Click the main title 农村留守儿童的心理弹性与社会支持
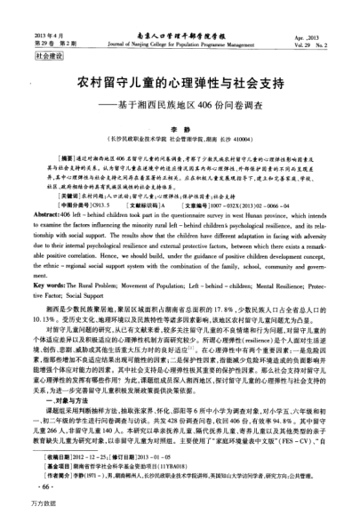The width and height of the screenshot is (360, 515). coord(180,83)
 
